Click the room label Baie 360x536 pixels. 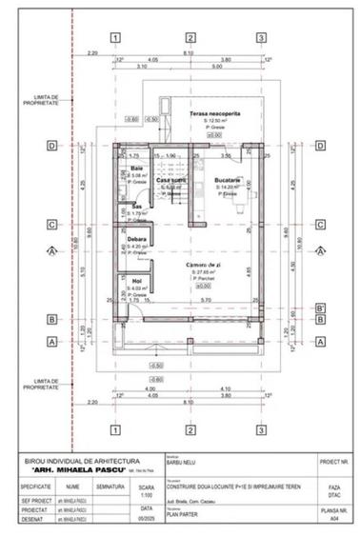click(x=137, y=168)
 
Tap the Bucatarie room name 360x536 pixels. click(x=227, y=180)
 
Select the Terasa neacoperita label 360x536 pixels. click(x=212, y=113)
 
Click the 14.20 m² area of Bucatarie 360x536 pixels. click(x=229, y=188)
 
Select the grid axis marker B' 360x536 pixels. click(x=319, y=308)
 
